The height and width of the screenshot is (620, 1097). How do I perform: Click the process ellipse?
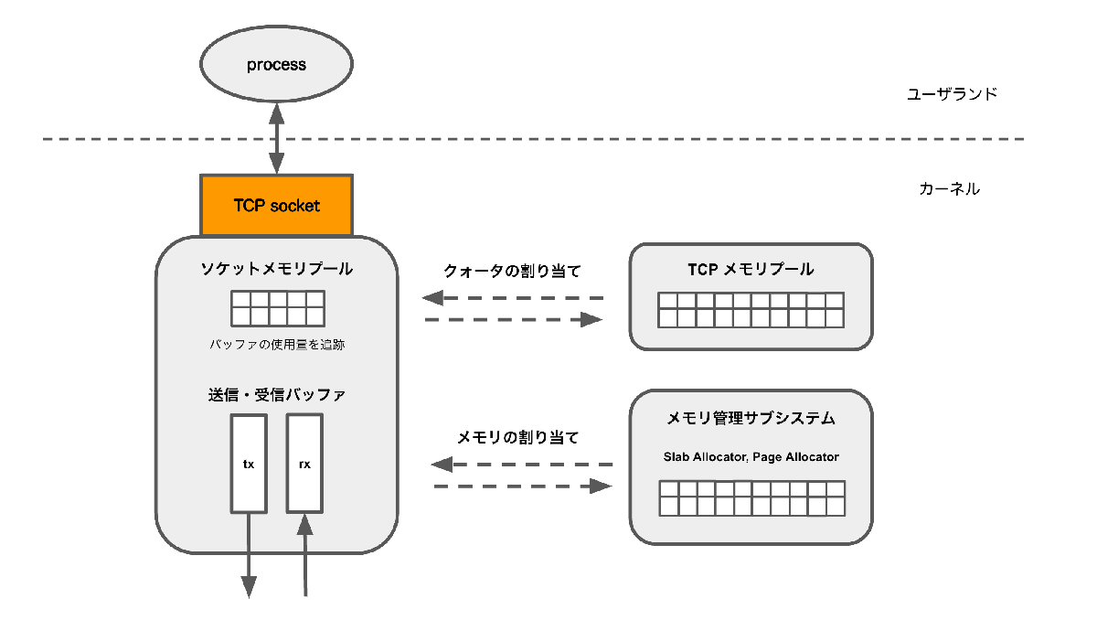click(x=276, y=65)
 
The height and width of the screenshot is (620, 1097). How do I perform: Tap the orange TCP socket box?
click(x=276, y=206)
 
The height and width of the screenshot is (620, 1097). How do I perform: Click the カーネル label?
click(x=949, y=189)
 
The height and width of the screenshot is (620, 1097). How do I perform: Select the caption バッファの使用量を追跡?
click(x=276, y=345)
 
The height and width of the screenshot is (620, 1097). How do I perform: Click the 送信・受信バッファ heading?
click(x=276, y=395)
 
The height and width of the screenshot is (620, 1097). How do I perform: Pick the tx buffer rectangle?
click(x=249, y=464)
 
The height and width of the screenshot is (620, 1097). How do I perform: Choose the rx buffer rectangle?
click(x=304, y=464)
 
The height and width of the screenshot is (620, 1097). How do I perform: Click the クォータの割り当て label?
click(x=513, y=271)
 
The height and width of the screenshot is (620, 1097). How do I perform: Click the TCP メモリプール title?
click(x=751, y=269)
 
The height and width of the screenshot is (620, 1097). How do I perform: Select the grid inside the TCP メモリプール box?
click(x=751, y=310)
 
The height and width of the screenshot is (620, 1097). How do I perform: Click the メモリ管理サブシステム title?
click(x=751, y=418)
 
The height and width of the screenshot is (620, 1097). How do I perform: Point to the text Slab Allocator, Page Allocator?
click(x=751, y=456)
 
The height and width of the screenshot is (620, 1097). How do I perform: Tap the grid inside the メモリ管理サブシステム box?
click(x=751, y=498)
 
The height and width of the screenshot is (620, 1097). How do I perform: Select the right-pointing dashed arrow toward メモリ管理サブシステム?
click(x=522, y=486)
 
